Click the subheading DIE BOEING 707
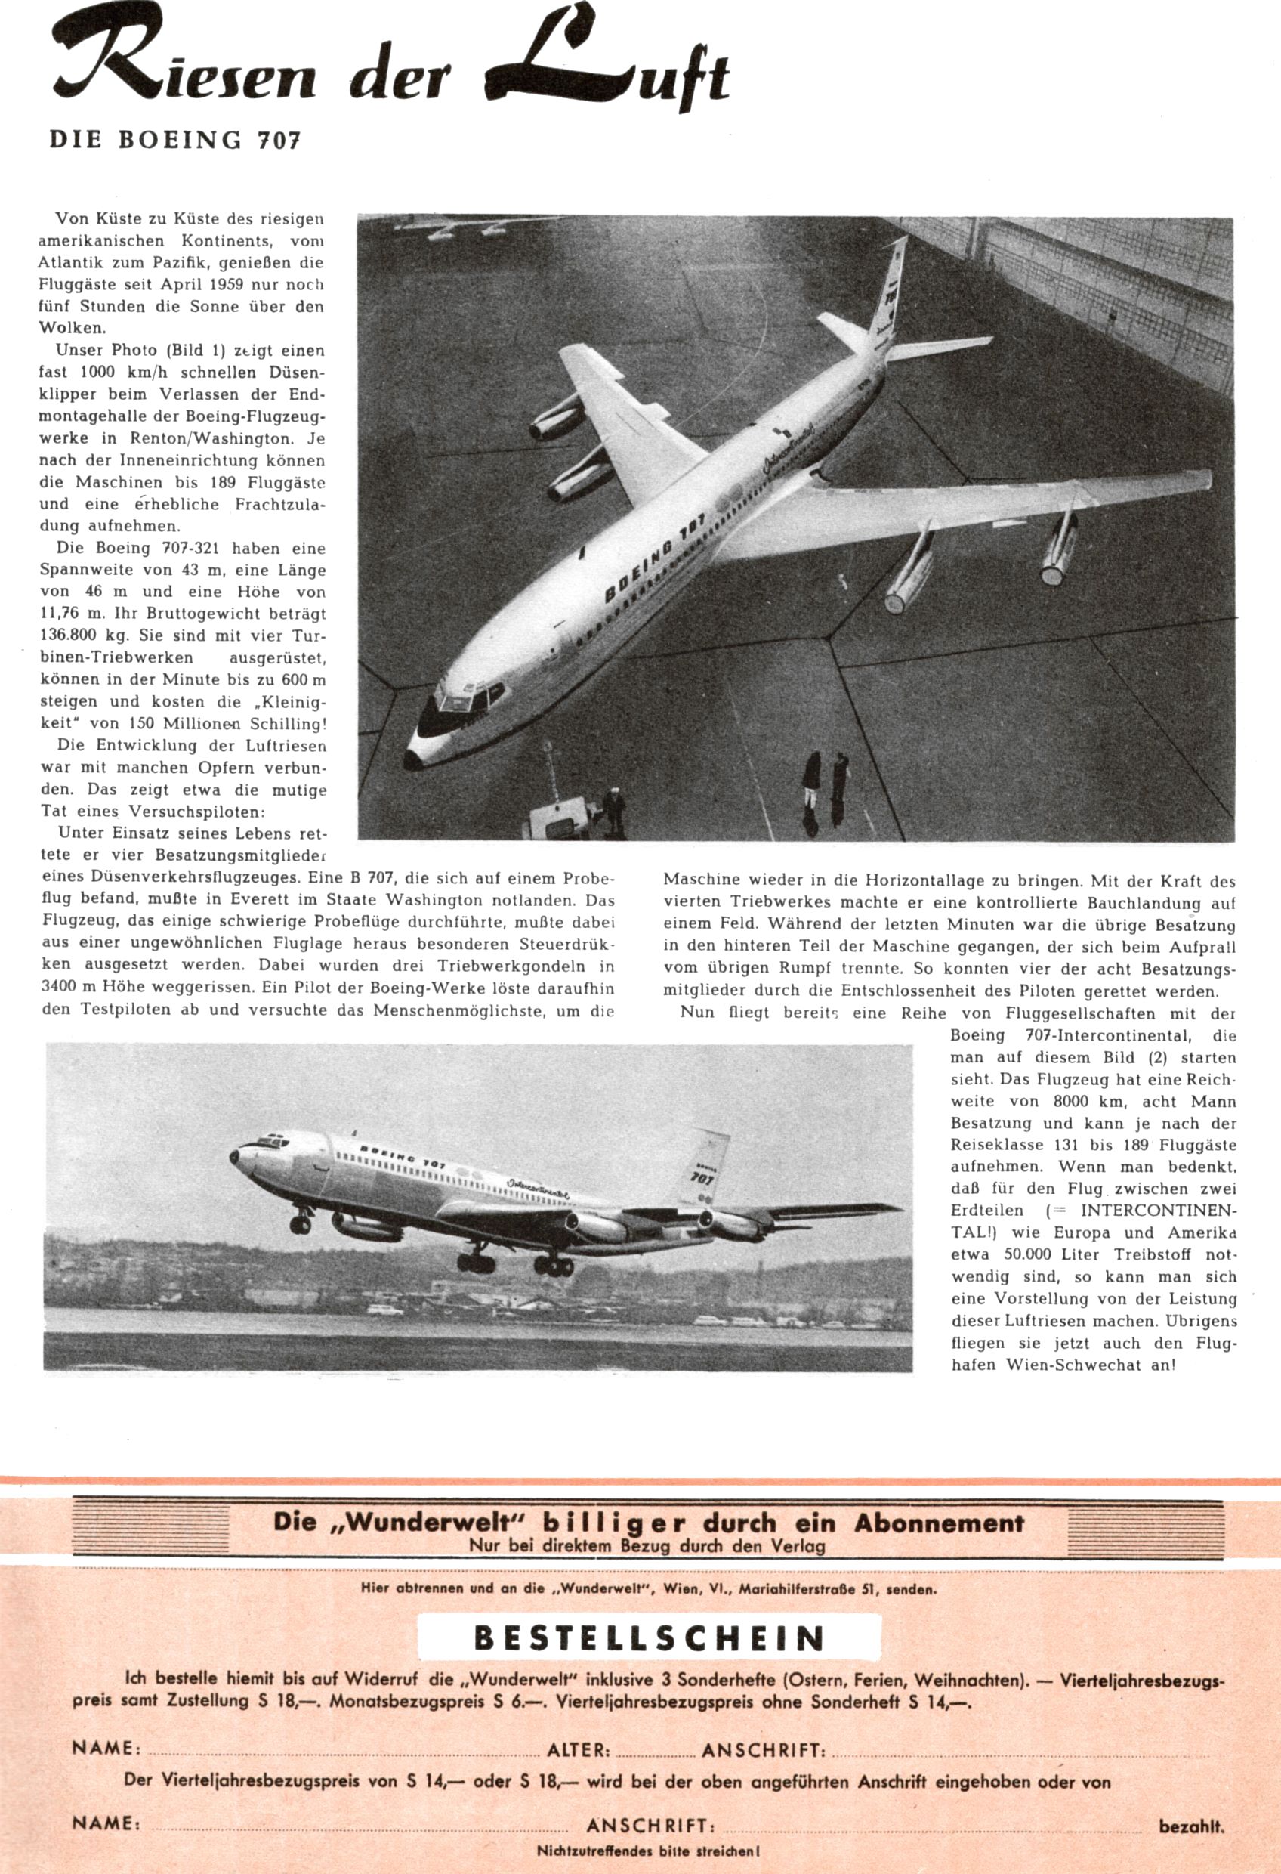coord(174,140)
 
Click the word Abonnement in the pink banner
coord(938,1523)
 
